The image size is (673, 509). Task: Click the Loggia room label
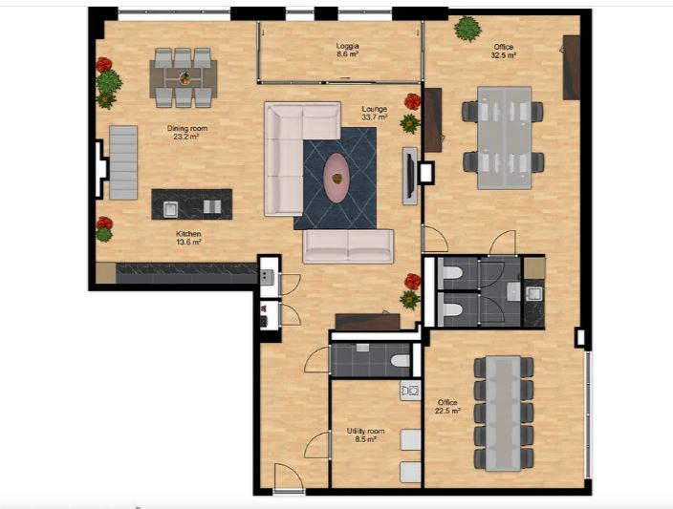[347, 46]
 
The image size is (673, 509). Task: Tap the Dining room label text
[187, 128]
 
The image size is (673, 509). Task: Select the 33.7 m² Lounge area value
[375, 117]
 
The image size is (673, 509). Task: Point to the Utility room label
[366, 431]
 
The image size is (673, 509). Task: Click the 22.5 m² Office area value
[447, 411]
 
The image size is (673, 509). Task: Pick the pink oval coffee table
[336, 178]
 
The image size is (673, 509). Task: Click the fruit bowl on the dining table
[185, 78]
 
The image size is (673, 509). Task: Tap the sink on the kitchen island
[170, 208]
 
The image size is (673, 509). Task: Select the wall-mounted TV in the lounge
[410, 176]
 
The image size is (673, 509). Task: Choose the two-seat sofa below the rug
[348, 245]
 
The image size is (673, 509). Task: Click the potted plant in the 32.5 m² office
[467, 29]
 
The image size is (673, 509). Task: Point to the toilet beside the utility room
[400, 361]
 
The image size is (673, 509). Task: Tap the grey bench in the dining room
[123, 162]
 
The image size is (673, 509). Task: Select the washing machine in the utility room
[410, 391]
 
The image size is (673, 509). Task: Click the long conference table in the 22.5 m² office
[504, 414]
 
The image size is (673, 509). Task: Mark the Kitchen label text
[188, 234]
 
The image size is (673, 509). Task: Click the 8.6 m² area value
[347, 54]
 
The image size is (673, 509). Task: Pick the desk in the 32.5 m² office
[505, 138]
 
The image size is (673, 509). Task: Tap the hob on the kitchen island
[212, 206]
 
